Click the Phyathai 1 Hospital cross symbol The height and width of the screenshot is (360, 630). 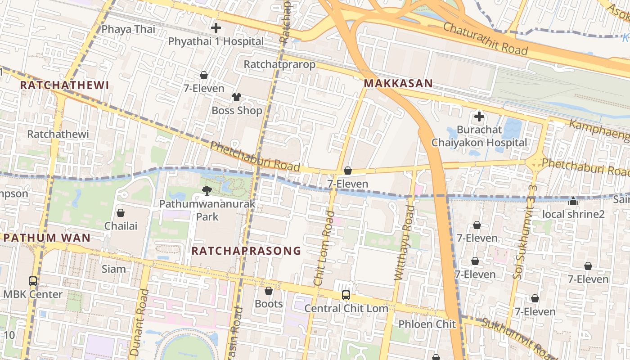216,28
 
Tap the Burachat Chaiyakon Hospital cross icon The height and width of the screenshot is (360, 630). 479,117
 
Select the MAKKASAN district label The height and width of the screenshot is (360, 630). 398,83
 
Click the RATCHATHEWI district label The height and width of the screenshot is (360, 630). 65,85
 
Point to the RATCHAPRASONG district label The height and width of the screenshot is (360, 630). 246,251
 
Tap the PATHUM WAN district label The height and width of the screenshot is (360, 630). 47,238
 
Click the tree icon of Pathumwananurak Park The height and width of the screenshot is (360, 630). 207,191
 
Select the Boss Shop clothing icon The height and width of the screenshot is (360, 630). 237,97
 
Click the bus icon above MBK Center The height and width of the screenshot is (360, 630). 33,281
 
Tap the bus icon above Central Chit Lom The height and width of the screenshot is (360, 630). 346,295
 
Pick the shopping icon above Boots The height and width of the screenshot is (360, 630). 269,291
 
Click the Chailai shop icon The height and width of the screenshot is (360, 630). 121,213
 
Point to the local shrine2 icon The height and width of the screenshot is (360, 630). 573,201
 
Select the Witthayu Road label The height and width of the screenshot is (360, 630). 404,243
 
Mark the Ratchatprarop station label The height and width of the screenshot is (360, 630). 279,64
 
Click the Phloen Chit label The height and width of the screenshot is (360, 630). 427,324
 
